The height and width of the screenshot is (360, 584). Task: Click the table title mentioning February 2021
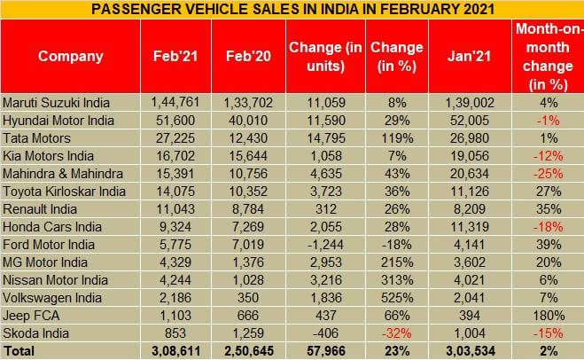click(x=292, y=10)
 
